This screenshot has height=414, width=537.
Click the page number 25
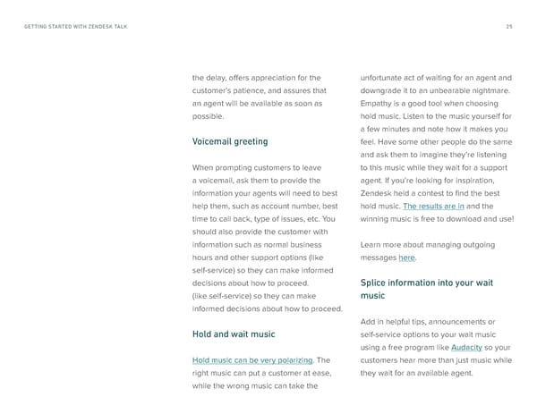(x=509, y=26)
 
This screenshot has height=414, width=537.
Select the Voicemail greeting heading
(x=230, y=141)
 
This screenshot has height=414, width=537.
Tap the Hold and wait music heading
(x=234, y=334)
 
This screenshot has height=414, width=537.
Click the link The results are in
(x=433, y=206)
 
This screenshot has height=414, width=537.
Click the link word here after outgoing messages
(x=406, y=258)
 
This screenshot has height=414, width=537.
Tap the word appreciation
(x=274, y=77)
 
